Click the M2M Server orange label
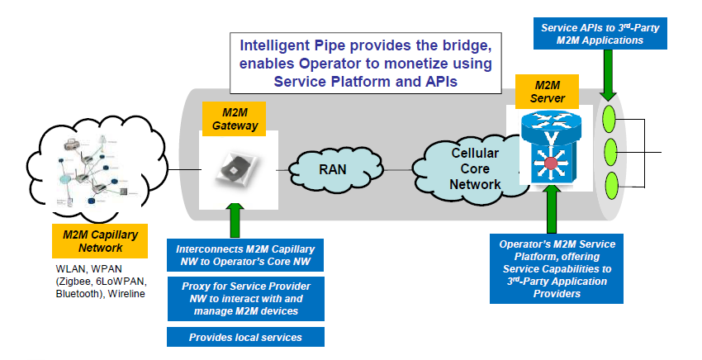pyautogui.click(x=543, y=91)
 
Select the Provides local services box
pyautogui.click(x=244, y=337)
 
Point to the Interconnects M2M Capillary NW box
pyautogui.click(x=244, y=256)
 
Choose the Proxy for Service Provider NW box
pyautogui.click(x=244, y=298)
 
